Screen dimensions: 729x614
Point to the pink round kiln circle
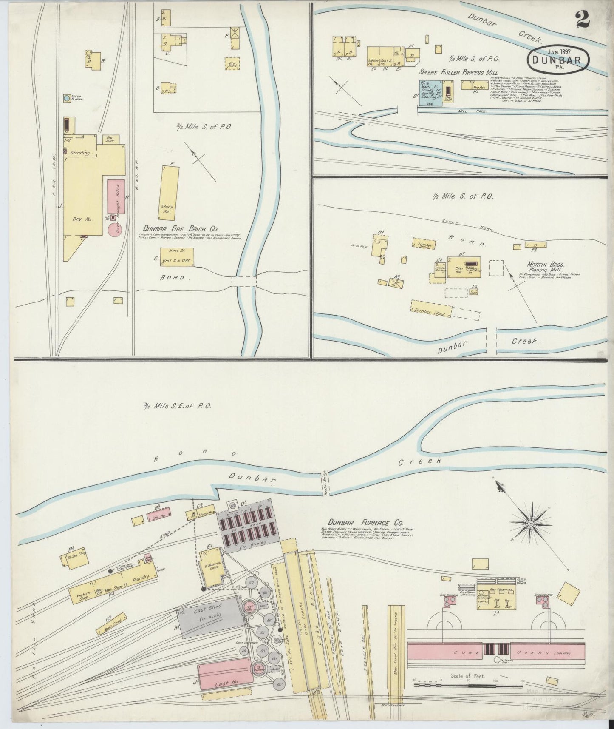tap(116, 230)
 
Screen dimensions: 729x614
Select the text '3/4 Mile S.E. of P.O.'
tap(177, 406)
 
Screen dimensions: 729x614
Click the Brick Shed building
tap(111, 629)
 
